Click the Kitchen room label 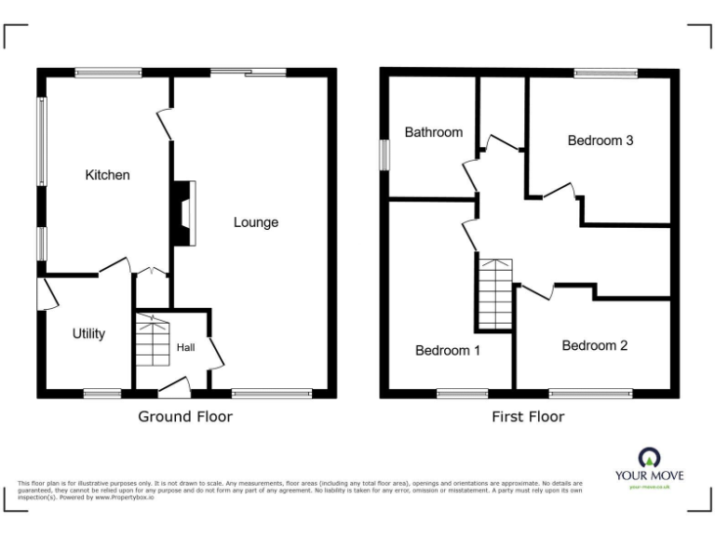(108, 175)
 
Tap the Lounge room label (256, 222)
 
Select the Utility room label (89, 334)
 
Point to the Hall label (186, 347)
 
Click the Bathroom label (433, 132)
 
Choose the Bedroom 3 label (600, 141)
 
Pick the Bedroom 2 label (594, 345)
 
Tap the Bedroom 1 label (448, 351)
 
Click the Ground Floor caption (185, 417)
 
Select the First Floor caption (528, 417)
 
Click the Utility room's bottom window (102, 394)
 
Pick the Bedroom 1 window (463, 394)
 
